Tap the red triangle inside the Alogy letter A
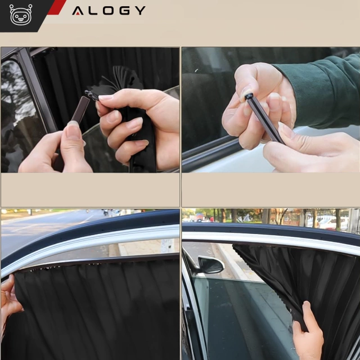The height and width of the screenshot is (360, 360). tap(78, 13)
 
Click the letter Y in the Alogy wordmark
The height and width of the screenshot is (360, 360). tap(140, 11)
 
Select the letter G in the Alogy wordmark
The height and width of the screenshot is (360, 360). tap(124, 11)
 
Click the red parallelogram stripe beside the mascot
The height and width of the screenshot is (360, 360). tap(57, 7)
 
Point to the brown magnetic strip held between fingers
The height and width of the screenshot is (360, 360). tap(80, 110)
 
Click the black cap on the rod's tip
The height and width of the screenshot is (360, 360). tap(249, 96)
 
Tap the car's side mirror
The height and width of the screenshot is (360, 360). tap(210, 265)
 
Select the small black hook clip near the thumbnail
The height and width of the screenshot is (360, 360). tap(91, 95)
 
